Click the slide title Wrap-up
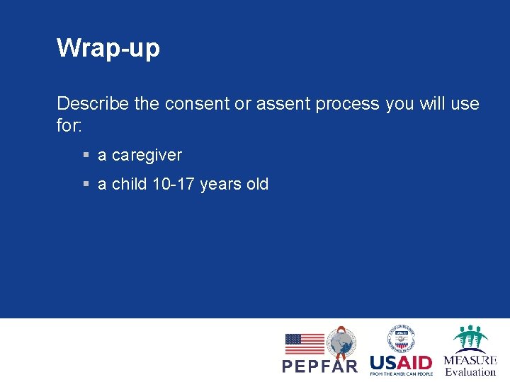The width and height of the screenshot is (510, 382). point(108,48)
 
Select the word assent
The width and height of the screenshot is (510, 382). point(283,104)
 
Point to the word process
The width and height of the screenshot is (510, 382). point(348,104)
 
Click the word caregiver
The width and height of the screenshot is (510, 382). point(147,155)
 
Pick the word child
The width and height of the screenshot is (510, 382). point(129,185)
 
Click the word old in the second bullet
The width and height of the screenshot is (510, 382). point(256,185)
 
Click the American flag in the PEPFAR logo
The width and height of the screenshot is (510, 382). point(305,344)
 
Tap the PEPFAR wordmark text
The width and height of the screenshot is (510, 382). point(320,366)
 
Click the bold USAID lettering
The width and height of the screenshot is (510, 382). point(401,361)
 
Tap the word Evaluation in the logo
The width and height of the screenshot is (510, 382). point(470,371)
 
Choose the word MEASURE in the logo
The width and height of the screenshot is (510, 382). point(470,359)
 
